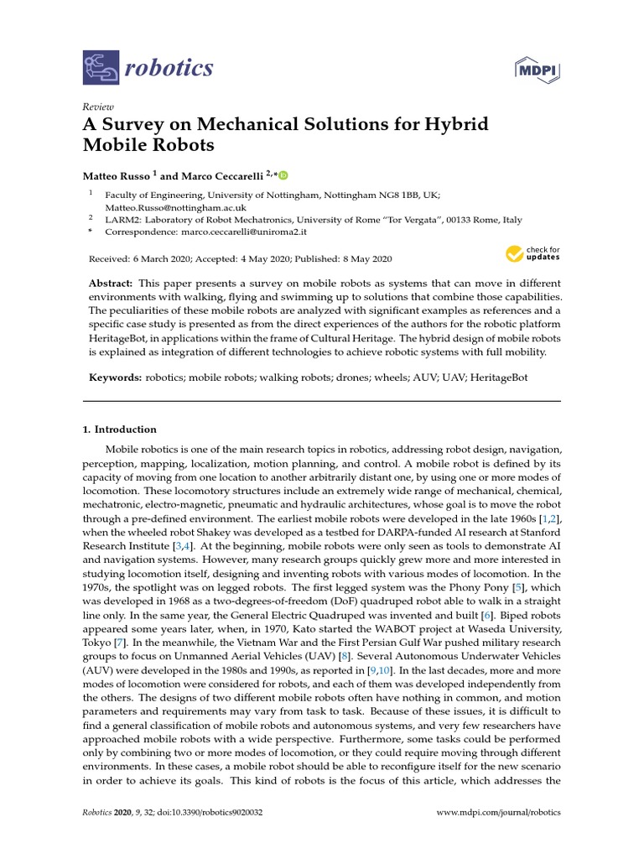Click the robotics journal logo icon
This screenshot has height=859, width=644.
point(101,68)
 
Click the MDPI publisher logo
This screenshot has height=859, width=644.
point(537,69)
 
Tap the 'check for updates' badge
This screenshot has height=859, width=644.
point(532,252)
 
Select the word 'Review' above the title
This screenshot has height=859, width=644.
point(98,107)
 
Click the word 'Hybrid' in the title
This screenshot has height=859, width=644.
point(454,125)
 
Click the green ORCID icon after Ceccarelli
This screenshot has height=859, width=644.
point(283,175)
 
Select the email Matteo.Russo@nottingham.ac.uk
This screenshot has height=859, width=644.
point(175,207)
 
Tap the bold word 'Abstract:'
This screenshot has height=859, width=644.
point(112,284)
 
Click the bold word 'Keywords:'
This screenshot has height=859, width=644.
point(116,377)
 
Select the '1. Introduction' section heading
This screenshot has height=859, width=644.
point(119,429)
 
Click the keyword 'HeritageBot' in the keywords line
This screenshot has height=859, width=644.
point(498,377)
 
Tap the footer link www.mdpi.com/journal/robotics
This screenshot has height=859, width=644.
point(500,813)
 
